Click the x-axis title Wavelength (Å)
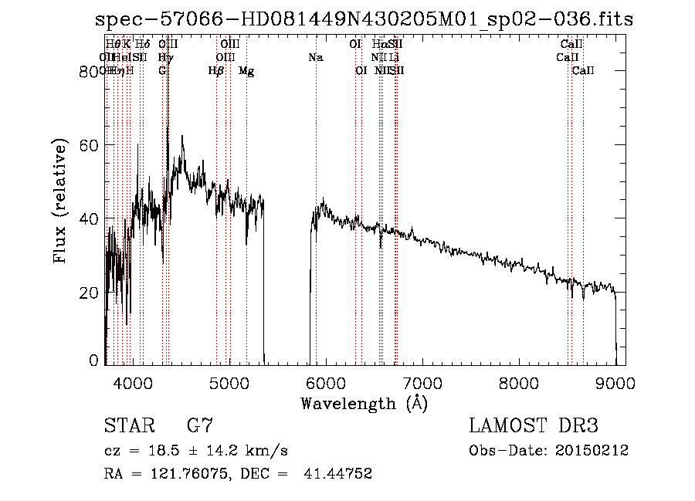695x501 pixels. [x=364, y=403]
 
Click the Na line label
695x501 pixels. [x=315, y=58]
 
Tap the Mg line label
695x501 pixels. [x=246, y=71]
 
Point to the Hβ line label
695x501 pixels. [x=216, y=71]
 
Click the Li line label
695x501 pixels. [x=394, y=58]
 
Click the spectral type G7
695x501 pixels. [x=199, y=426]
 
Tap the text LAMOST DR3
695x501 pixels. [x=534, y=426]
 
